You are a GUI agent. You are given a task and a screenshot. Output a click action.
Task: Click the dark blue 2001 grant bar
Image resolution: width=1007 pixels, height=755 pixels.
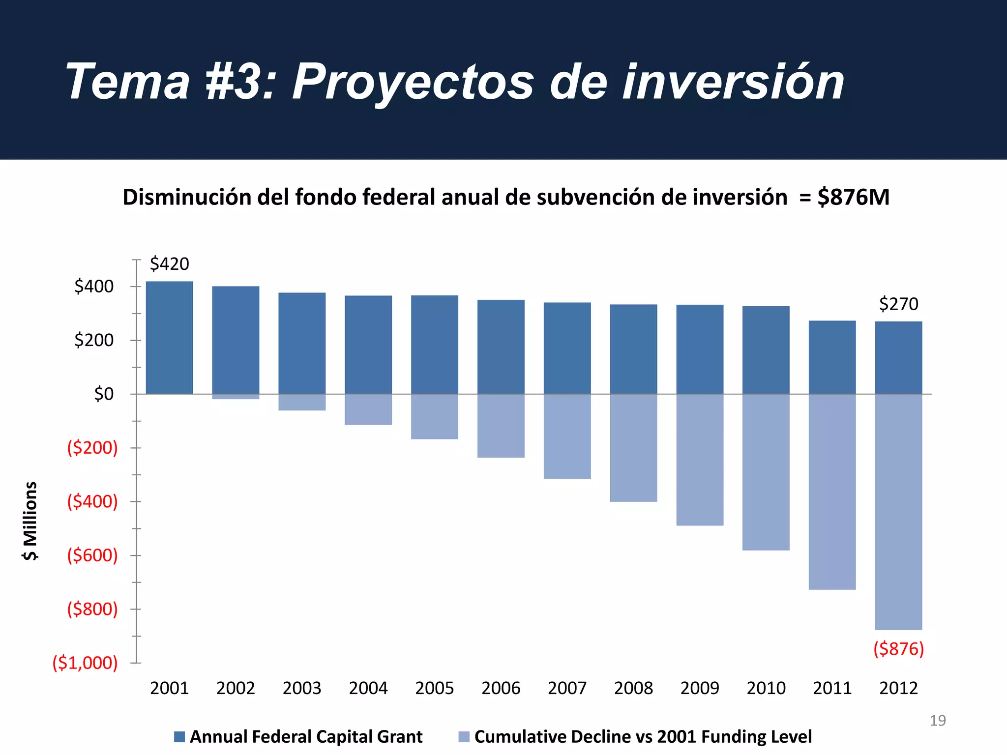(169, 338)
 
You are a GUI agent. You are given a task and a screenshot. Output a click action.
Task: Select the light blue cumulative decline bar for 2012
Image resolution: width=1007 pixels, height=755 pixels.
(898, 511)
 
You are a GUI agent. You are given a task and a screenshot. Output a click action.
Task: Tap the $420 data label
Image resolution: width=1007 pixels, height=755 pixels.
(169, 264)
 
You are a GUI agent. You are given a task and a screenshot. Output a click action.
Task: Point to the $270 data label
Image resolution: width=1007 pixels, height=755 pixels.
(898, 304)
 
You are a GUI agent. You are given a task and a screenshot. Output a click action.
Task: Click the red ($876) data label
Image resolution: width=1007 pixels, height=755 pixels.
(898, 649)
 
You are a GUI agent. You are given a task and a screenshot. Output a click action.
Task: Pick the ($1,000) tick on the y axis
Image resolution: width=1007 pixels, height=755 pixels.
(85, 663)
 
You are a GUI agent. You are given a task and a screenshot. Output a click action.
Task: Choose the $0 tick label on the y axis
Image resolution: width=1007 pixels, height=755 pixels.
(103, 394)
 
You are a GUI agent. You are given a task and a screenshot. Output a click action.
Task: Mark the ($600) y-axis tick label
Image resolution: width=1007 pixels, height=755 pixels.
(92, 555)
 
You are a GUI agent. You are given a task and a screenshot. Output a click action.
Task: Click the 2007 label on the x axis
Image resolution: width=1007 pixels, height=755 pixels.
(567, 688)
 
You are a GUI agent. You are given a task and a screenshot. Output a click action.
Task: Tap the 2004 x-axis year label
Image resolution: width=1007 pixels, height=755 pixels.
(368, 688)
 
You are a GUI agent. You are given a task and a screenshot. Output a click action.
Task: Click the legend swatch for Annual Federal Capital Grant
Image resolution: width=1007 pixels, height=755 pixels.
(179, 737)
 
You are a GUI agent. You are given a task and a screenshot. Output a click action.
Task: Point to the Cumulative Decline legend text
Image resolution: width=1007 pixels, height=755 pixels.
(643, 737)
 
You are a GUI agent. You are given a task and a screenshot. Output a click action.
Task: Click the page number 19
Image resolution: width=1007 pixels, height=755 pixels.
(937, 721)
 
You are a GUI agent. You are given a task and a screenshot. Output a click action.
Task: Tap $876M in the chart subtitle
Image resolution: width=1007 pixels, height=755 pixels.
(853, 197)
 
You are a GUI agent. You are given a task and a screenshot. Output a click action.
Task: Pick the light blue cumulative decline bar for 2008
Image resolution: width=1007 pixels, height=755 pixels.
(633, 447)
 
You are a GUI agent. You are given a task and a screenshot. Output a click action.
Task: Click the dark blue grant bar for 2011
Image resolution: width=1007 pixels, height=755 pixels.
(832, 357)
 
